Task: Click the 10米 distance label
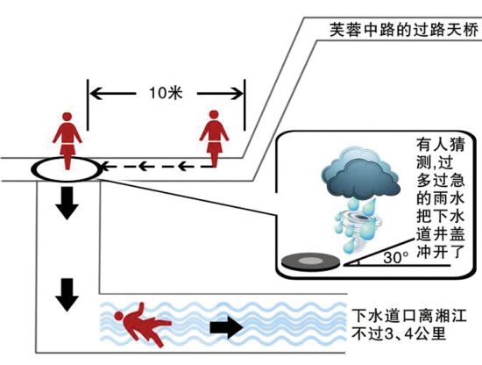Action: click(x=166, y=93)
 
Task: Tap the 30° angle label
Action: click(x=396, y=257)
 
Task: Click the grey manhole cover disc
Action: click(x=311, y=261)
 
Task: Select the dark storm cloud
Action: click(x=360, y=173)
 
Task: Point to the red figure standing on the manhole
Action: click(x=67, y=141)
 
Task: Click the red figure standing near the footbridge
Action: click(x=214, y=139)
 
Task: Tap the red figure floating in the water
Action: click(x=142, y=325)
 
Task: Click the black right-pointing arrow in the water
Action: click(x=227, y=327)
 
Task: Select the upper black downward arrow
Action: click(x=67, y=203)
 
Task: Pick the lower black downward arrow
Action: click(x=67, y=295)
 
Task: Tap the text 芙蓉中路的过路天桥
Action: click(x=404, y=30)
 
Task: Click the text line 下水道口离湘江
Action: click(x=409, y=316)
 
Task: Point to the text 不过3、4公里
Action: click(x=399, y=333)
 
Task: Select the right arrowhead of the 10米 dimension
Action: click(x=237, y=93)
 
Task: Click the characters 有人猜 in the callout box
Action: click(x=440, y=145)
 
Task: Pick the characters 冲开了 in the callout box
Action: click(x=440, y=252)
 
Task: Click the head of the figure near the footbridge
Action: click(x=214, y=115)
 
